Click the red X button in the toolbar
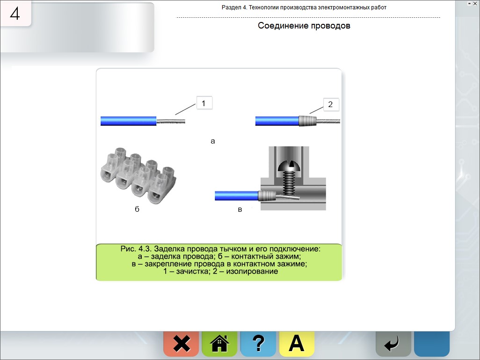point(181,344)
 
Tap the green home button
point(219,344)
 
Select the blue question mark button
point(258,344)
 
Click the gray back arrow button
point(393,344)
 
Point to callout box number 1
point(204,103)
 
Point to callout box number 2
point(331,104)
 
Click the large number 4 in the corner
point(15,14)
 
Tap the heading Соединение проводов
point(304,26)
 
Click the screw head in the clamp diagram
point(289,166)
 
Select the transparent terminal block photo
point(138,175)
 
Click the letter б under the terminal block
point(137,209)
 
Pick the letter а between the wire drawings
point(213,141)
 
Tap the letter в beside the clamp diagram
point(240,210)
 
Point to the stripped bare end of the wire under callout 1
point(170,121)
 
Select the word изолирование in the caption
point(252,271)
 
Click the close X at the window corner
point(475,3)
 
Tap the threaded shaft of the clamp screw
point(289,183)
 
